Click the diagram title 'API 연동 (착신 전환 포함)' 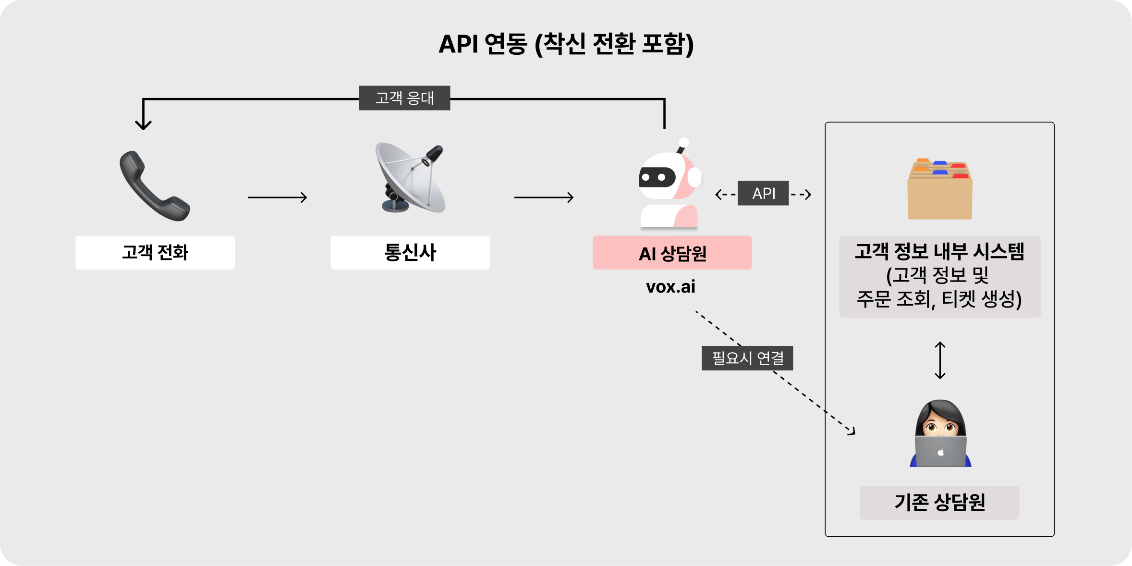click(566, 44)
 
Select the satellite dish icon click(411, 178)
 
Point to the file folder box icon click(940, 190)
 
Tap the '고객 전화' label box click(155, 252)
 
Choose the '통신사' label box click(410, 252)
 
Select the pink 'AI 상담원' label click(672, 253)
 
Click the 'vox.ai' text click(670, 287)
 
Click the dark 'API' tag click(763, 193)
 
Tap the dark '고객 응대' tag click(404, 98)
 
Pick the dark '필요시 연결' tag click(747, 358)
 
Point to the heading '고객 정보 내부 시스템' click(939, 251)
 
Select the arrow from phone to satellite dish click(277, 197)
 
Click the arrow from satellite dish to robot click(544, 197)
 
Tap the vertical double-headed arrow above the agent click(940, 360)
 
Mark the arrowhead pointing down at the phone click(143, 124)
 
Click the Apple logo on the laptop click(940, 452)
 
